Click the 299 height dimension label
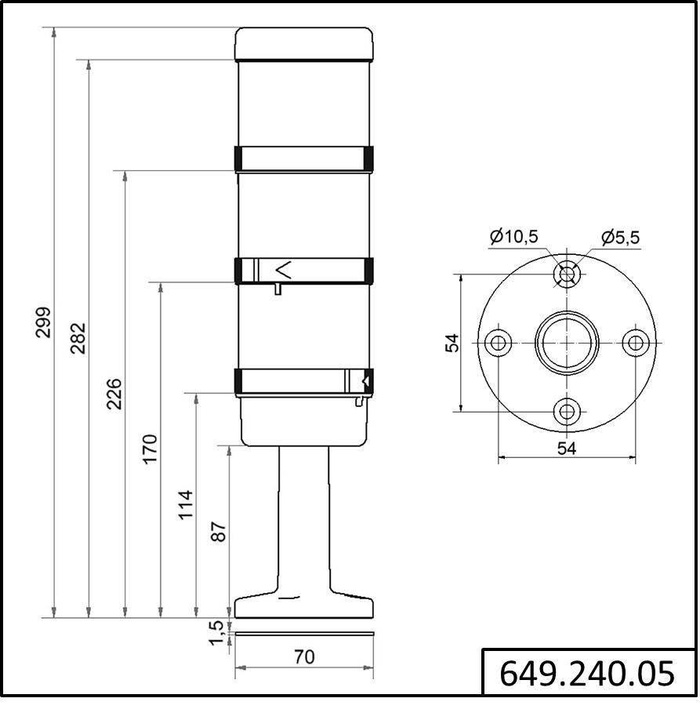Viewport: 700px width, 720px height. coord(43,322)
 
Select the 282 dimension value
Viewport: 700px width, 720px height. coord(78,338)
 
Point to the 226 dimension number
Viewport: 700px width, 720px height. coord(114,394)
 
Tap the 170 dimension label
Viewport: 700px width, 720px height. coord(150,448)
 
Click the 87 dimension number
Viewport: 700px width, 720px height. coord(219,533)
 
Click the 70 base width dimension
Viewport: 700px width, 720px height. coord(304,656)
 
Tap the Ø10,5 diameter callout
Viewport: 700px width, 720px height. coord(513,236)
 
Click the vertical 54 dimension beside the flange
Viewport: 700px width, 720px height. coord(452,343)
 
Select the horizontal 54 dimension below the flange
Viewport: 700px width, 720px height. coord(567,448)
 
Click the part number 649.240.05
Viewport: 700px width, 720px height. coord(587,673)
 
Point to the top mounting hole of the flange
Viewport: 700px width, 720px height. coord(567,275)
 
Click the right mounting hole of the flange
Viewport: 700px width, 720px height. coord(635,343)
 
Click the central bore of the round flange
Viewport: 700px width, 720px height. coord(567,343)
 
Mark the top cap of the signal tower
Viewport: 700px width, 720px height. coord(304,43)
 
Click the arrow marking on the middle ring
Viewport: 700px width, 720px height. coord(284,271)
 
